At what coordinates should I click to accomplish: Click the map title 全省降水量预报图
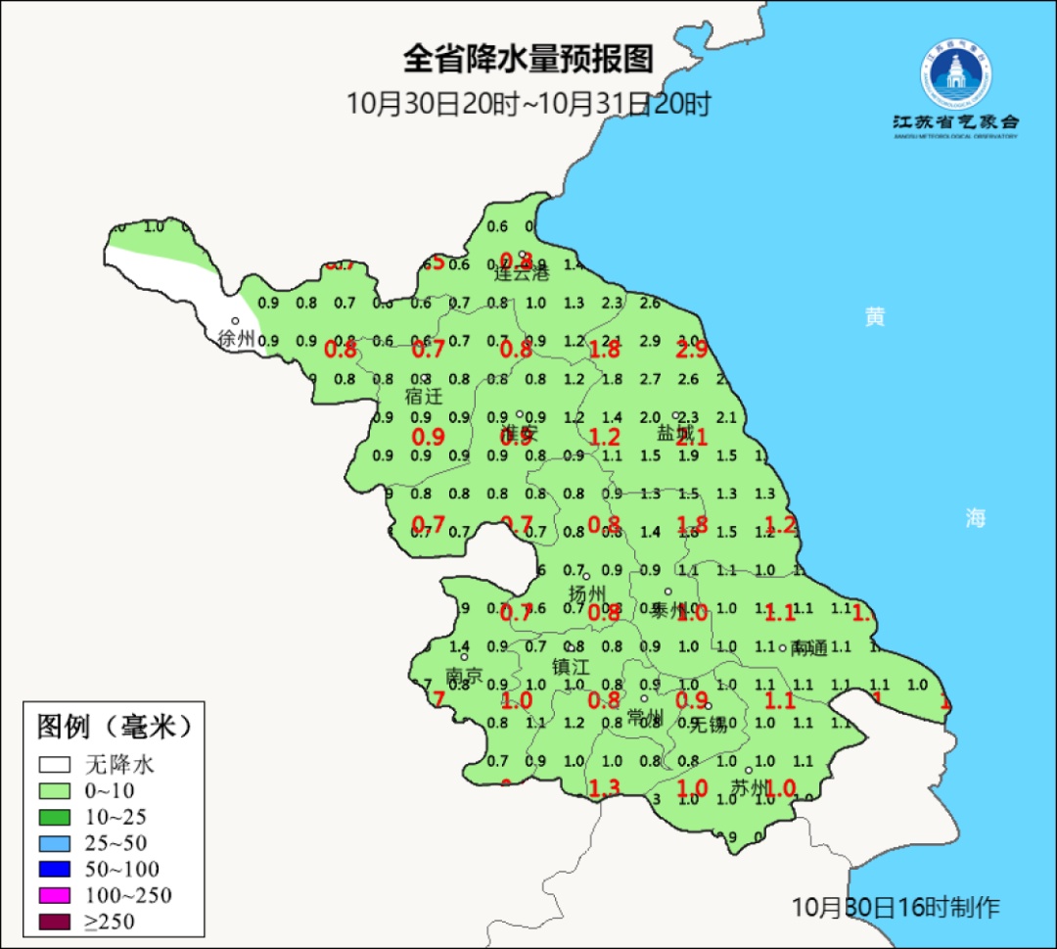click(528, 59)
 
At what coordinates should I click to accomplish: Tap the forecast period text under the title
click(528, 104)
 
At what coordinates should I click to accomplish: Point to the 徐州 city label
click(237, 339)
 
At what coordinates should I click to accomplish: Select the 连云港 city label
click(522, 273)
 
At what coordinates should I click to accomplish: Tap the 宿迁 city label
click(424, 397)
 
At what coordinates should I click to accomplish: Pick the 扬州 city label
click(588, 593)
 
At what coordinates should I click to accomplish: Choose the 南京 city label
click(464, 676)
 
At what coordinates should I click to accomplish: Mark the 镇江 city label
click(572, 666)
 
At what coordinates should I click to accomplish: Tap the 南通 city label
click(810, 647)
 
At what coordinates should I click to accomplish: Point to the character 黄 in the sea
click(874, 316)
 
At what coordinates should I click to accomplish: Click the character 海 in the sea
click(975, 518)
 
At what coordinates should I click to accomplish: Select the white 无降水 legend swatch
click(55, 764)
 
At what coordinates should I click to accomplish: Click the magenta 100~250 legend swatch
click(55, 895)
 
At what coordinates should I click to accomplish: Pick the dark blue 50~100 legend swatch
click(55, 869)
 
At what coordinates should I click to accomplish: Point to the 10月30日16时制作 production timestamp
click(896, 907)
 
